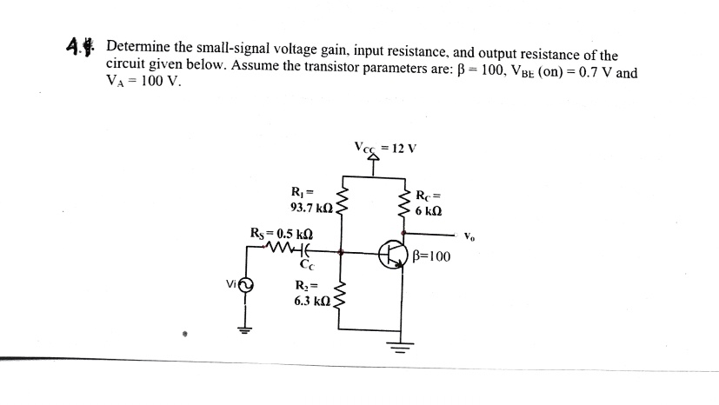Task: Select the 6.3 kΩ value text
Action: (310, 300)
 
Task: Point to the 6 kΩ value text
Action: (429, 211)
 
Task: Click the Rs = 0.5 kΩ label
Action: (281, 233)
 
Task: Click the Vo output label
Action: (470, 236)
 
